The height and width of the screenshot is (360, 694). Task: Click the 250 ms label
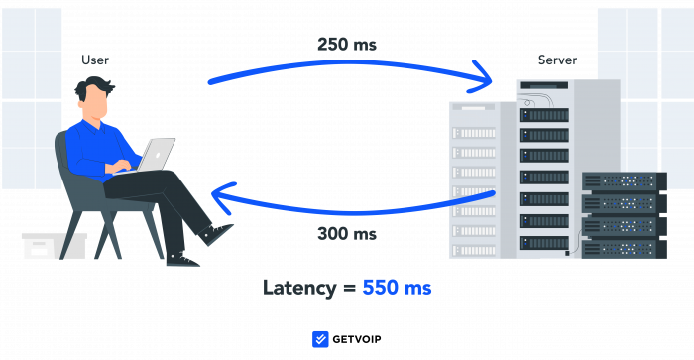point(346,45)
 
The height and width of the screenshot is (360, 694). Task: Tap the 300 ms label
point(346,234)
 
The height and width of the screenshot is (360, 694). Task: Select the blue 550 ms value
point(397,288)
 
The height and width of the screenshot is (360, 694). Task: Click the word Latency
point(301,288)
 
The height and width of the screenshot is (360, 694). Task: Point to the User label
point(94,60)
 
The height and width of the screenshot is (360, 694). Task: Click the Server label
point(557,60)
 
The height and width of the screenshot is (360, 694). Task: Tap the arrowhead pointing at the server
point(484,74)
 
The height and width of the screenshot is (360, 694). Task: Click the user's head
point(94,97)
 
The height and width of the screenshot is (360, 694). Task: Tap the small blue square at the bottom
point(320,339)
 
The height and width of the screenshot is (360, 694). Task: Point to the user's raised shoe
point(217,234)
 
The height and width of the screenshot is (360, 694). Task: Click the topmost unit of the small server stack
point(624,181)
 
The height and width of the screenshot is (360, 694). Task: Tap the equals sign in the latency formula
point(349,289)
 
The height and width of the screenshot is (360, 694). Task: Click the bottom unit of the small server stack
point(624,248)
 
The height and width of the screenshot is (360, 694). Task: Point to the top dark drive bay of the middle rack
point(544,115)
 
